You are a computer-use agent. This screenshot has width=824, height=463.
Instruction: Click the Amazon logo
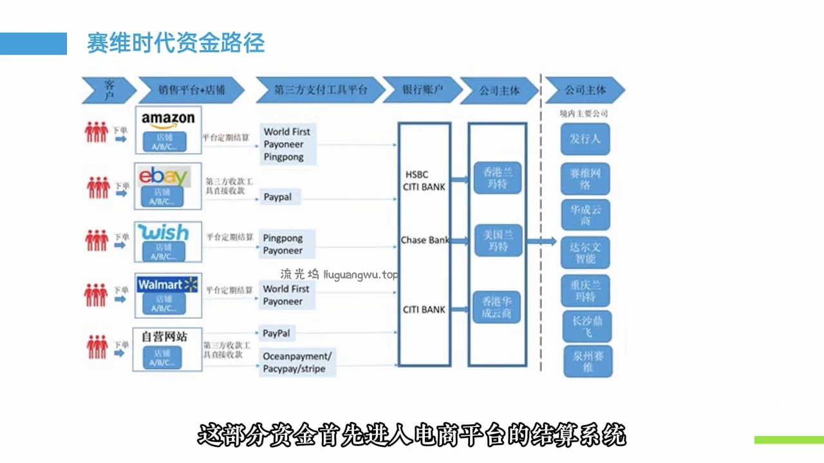(168, 120)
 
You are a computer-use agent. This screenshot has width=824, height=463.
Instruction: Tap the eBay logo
(164, 176)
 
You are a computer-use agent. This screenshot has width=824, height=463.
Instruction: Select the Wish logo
(164, 232)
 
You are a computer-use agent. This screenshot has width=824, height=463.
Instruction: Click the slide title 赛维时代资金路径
(176, 44)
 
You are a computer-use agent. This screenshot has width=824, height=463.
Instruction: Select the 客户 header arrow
(108, 90)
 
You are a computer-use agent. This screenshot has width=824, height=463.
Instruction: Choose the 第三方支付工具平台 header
(320, 90)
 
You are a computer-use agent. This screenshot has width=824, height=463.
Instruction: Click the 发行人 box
(585, 139)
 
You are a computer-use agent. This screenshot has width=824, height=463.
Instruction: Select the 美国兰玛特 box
(498, 241)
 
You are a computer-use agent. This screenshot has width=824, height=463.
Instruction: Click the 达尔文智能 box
(585, 253)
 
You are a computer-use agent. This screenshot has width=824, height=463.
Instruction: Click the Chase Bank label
(425, 241)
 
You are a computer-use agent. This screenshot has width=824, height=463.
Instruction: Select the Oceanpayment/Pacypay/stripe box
(297, 363)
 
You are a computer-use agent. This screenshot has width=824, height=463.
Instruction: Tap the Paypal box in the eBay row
(278, 197)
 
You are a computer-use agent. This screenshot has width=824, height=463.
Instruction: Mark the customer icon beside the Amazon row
(97, 132)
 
